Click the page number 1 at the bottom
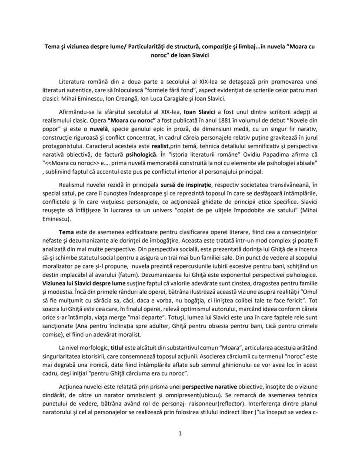[180, 433]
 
